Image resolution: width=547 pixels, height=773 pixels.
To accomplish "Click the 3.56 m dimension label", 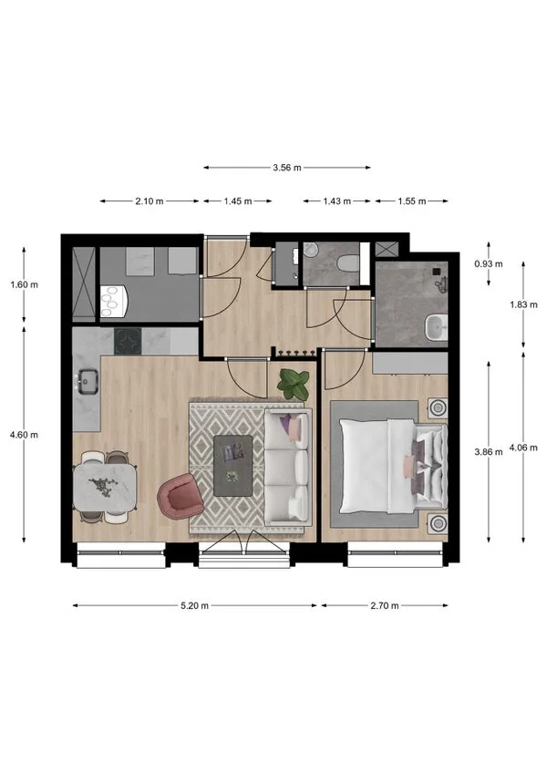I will coord(287,168).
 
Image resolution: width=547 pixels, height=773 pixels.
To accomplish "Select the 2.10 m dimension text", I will coord(150,201).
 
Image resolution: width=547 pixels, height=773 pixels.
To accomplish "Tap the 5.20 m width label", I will coord(195,605).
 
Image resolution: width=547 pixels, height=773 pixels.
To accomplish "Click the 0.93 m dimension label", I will coord(488,263).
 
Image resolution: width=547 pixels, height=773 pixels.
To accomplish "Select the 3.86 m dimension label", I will coord(489,451).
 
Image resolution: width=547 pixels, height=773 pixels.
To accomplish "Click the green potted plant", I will coord(293,383).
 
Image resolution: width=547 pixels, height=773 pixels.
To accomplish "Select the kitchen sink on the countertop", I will coord(89,380).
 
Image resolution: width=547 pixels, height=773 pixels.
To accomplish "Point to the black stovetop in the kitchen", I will coord(128,341).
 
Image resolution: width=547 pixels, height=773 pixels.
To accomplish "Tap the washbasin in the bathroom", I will coord(436,325).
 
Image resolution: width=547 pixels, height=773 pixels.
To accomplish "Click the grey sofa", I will coord(287,465).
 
